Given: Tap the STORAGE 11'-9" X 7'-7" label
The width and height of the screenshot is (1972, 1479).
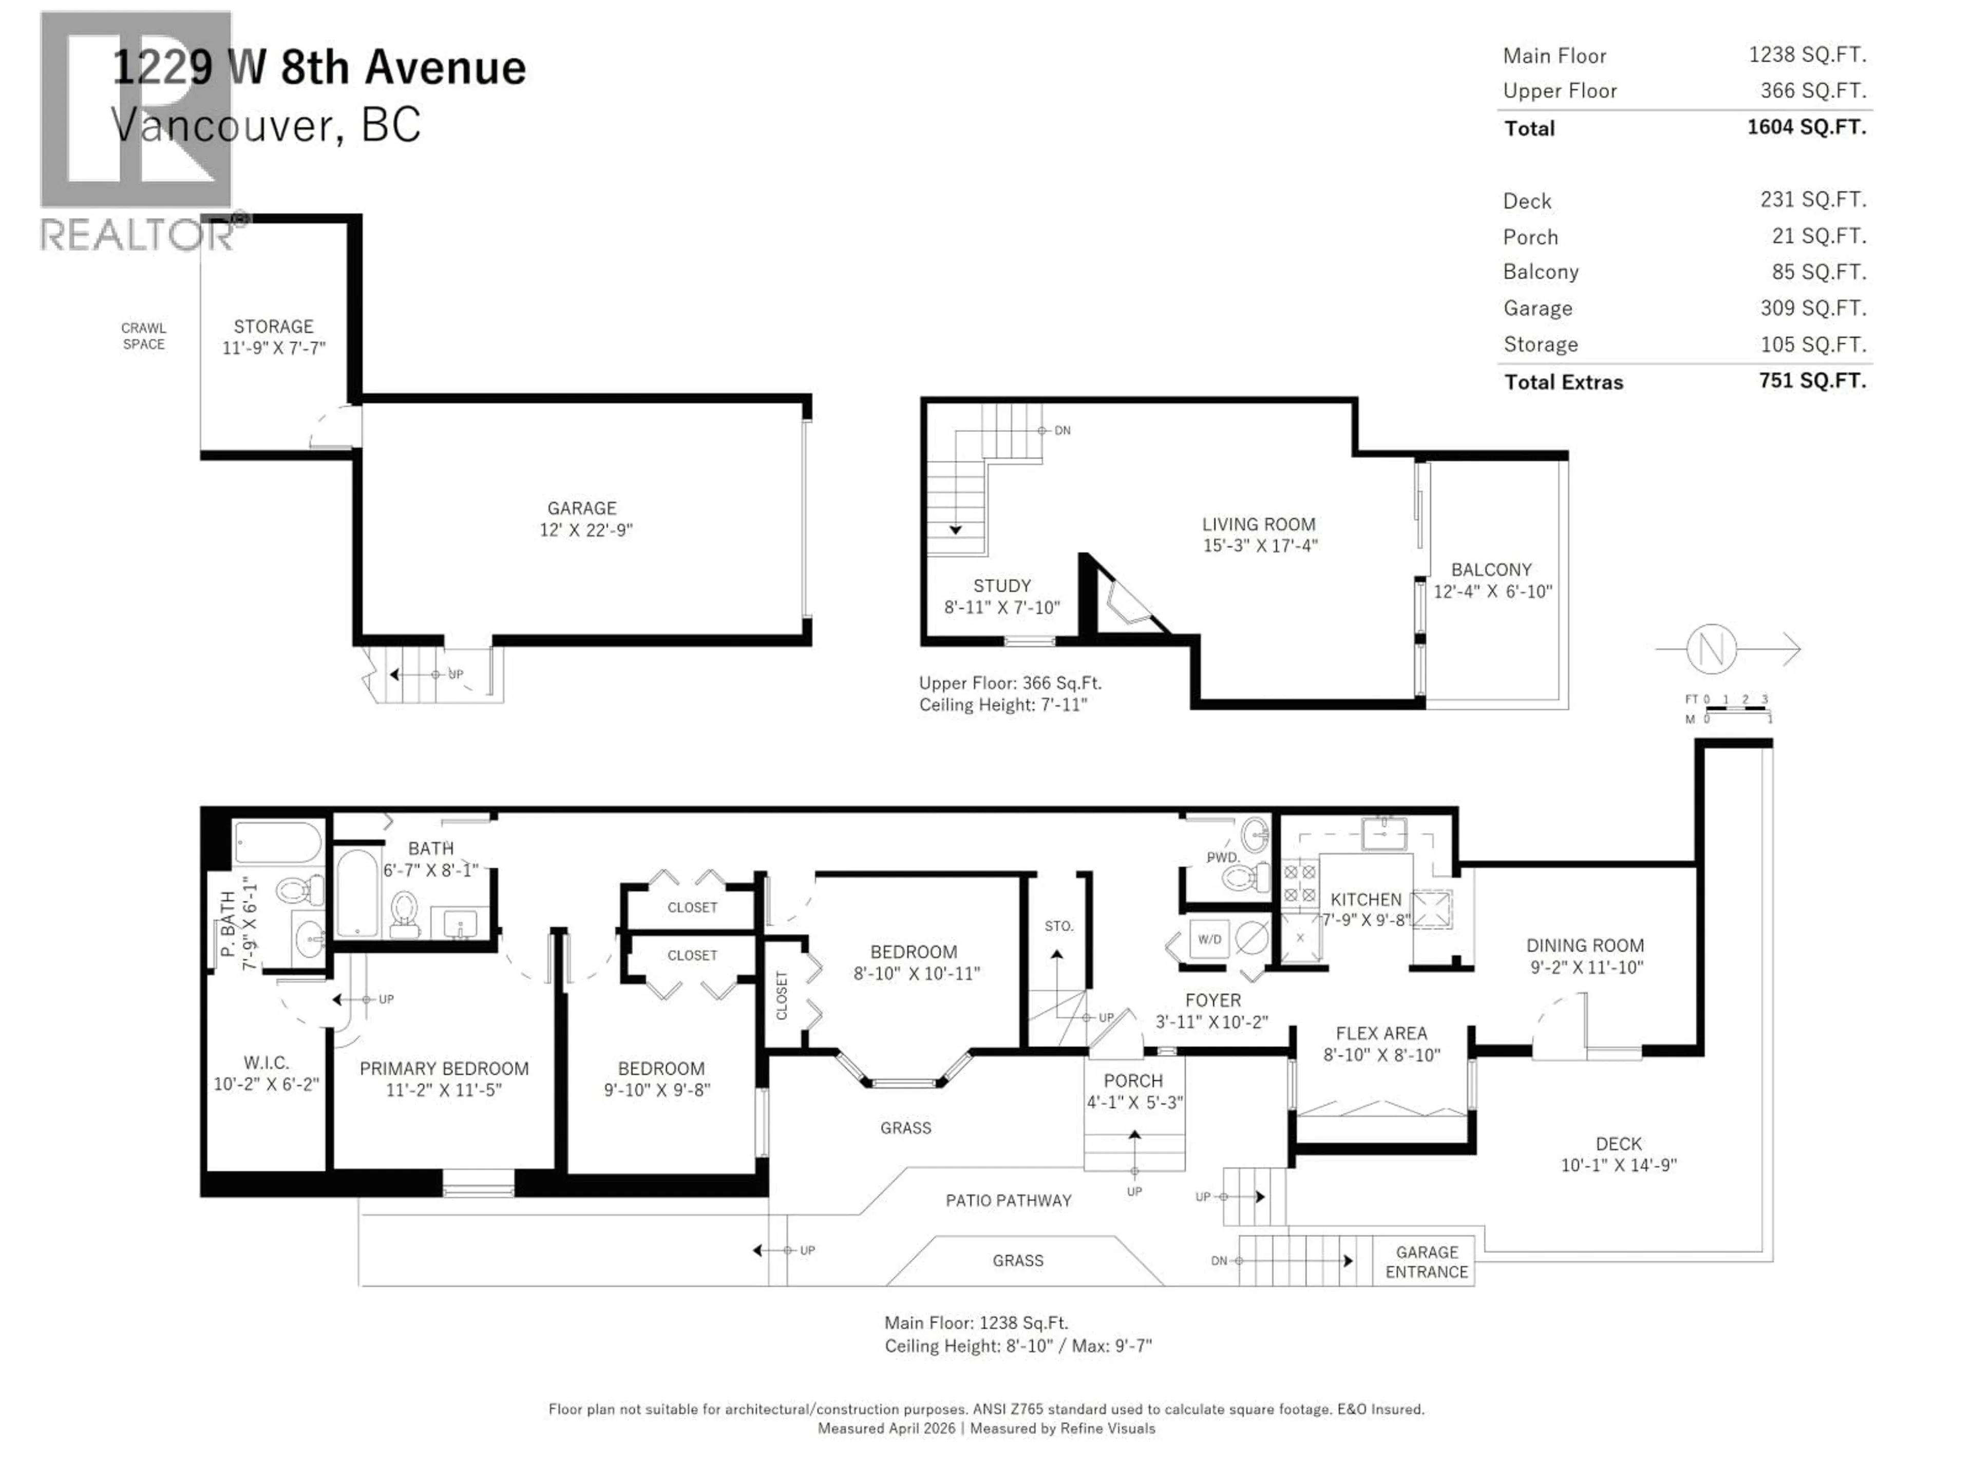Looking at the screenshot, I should (x=274, y=337).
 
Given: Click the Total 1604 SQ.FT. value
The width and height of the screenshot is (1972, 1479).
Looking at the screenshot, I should (x=1806, y=127).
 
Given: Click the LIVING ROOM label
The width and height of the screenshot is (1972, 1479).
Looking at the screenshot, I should (x=1258, y=525).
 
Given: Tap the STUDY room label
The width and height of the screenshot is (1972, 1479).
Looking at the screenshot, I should (x=1002, y=586).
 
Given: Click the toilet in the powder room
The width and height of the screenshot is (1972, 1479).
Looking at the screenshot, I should (x=1246, y=878).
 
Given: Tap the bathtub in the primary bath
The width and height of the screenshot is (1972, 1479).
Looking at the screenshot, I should (x=277, y=843).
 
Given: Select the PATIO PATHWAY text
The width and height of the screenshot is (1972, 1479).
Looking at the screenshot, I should (x=1008, y=1201).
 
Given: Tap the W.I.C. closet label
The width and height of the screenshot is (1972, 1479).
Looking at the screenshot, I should (x=266, y=1063).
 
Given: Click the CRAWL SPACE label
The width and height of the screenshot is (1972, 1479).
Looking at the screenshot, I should (x=143, y=336).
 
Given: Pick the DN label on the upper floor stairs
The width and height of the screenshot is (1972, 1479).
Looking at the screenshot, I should (x=1062, y=430).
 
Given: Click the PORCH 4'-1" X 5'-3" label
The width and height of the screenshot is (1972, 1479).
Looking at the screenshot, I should (x=1133, y=1091).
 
